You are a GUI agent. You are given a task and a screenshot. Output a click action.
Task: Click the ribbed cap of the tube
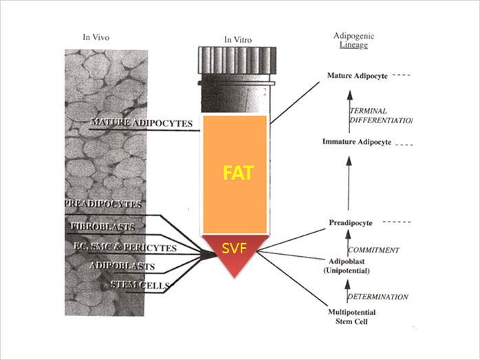(x=235, y=59)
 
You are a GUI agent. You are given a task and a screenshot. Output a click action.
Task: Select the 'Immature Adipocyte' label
(x=356, y=142)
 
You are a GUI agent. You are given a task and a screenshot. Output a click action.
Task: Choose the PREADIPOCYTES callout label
(x=104, y=204)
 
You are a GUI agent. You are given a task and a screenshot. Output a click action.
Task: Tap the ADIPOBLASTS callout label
(x=122, y=265)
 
